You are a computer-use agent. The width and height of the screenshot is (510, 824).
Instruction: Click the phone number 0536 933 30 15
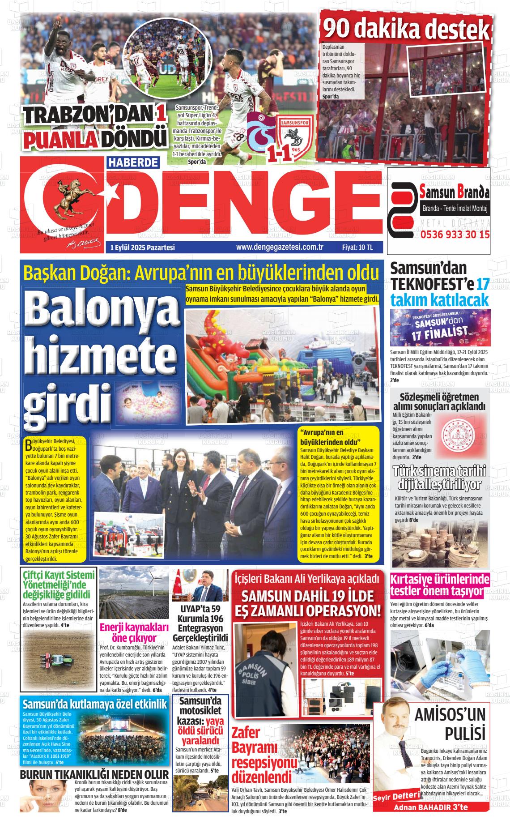[x=455, y=234]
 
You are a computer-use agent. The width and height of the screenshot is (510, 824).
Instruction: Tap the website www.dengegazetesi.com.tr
[x=280, y=247]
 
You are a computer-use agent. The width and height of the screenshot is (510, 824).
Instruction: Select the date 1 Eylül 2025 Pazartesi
[x=142, y=248]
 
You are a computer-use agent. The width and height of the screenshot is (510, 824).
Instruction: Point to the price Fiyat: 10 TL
[x=357, y=247]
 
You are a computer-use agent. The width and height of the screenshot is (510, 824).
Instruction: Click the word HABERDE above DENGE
[x=133, y=162]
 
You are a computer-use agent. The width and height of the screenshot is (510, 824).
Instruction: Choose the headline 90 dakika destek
[x=406, y=29]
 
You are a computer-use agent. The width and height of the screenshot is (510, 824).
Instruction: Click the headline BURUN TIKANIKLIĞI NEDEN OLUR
[x=94, y=775]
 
